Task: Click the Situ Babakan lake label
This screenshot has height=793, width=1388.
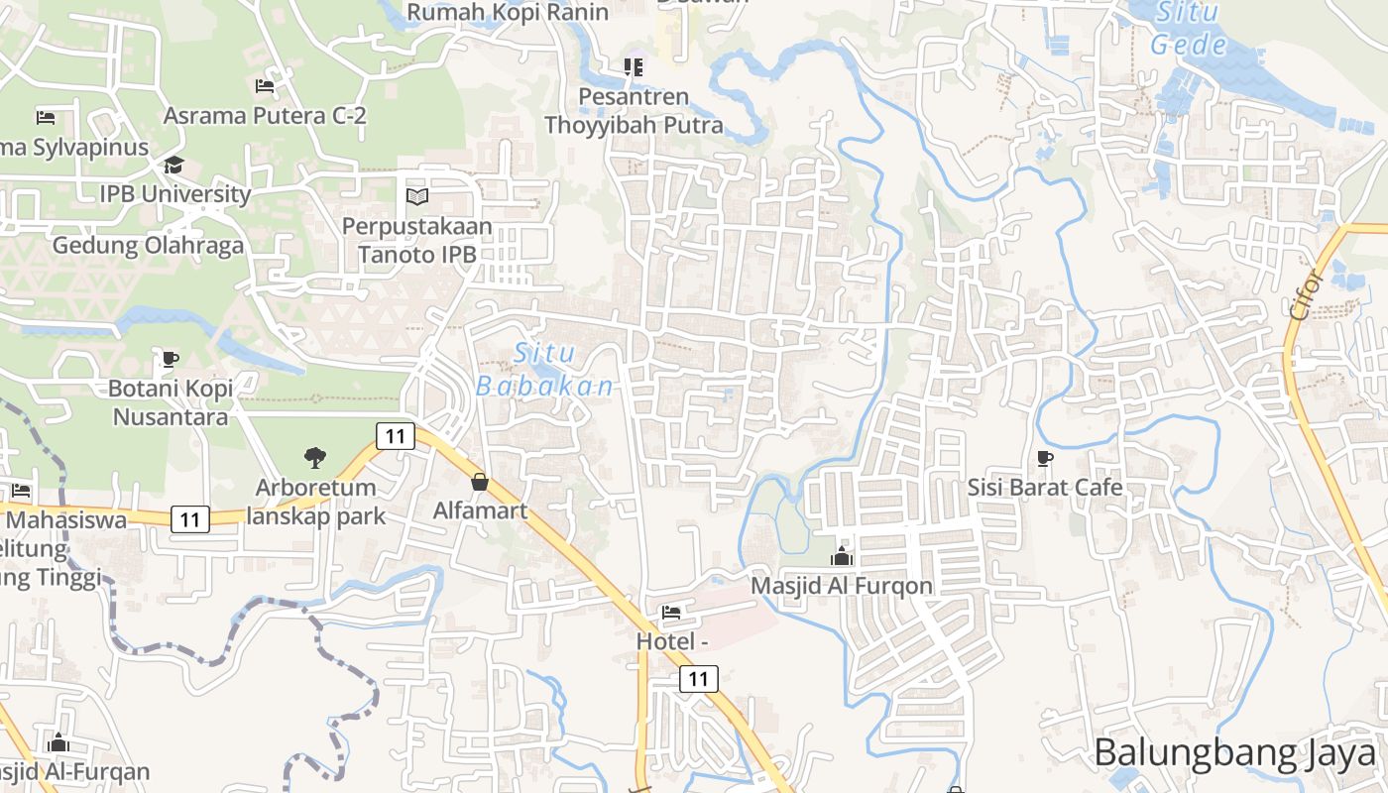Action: pos(545,370)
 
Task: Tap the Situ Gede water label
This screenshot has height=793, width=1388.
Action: pos(1189,29)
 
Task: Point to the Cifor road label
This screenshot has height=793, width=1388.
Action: pos(1306,292)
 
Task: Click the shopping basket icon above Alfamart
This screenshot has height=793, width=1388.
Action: pos(480,482)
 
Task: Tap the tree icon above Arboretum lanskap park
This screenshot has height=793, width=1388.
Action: pos(315,458)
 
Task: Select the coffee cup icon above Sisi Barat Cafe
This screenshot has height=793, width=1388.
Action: pos(1044,458)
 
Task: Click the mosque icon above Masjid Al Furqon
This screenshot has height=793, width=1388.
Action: pos(842,556)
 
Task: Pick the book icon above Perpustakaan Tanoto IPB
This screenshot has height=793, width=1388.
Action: pos(417,196)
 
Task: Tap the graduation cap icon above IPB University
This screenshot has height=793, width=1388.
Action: pos(174,165)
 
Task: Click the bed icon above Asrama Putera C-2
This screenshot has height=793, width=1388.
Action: pos(264,86)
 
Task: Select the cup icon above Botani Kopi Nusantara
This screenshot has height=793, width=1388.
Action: pos(171,358)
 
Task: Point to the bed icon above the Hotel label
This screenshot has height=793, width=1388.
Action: pos(671,612)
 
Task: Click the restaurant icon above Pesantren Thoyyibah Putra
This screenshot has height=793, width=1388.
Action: pos(634,67)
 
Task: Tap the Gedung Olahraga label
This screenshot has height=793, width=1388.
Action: pos(148,246)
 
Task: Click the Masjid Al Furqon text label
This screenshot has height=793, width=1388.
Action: pos(842,586)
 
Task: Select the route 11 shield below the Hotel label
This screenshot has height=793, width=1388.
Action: pos(699,679)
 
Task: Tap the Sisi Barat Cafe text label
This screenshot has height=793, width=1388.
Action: pos(1045,488)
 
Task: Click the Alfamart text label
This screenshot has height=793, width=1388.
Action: pos(480,511)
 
